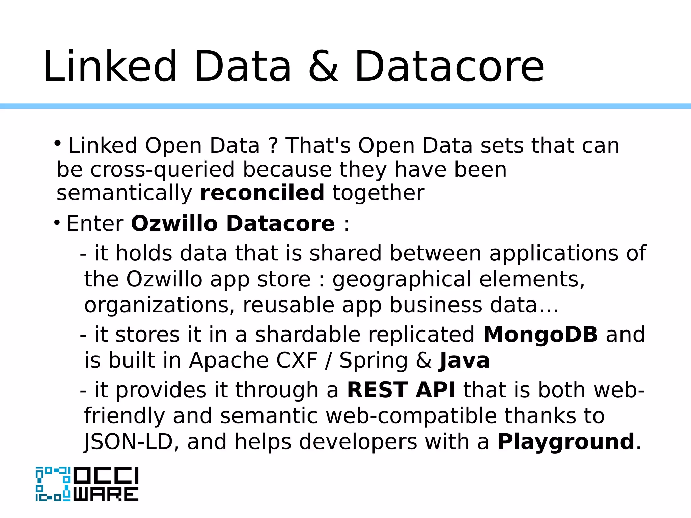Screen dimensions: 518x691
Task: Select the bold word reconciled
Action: (x=262, y=193)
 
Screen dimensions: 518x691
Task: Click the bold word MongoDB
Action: (x=540, y=335)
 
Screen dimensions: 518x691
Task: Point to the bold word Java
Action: (x=464, y=361)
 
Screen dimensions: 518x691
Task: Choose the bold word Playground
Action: (x=566, y=442)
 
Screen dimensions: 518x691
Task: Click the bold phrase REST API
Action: (x=401, y=390)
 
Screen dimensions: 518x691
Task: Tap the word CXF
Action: (x=297, y=361)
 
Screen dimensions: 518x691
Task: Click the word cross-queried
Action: (x=162, y=169)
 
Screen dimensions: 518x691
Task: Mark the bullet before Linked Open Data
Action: (x=58, y=143)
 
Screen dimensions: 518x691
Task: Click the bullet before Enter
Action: (x=57, y=222)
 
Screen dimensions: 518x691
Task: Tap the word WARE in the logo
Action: (x=106, y=494)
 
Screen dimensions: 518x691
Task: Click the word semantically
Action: (x=124, y=193)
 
